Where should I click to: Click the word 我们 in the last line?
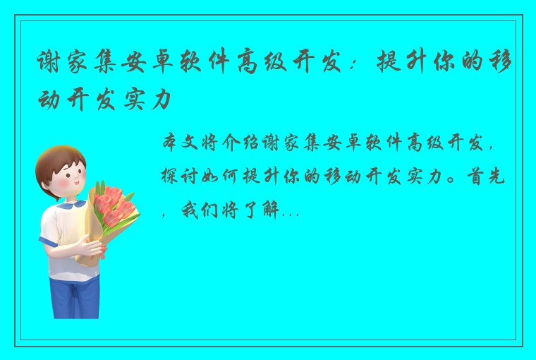[x=202, y=210]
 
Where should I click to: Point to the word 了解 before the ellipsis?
[x=261, y=210]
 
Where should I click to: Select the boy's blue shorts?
[x=74, y=293]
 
